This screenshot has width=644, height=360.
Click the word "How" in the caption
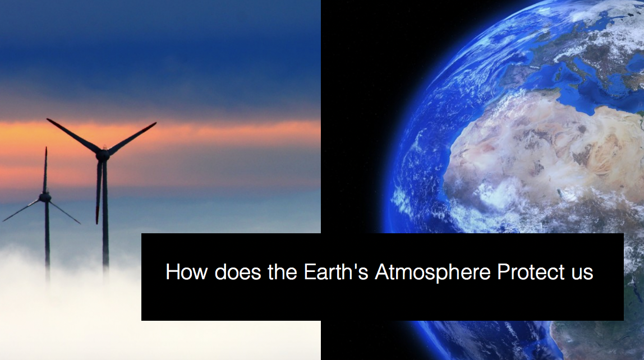click(186, 272)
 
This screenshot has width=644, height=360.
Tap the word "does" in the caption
click(238, 272)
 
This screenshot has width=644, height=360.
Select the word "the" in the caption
click(282, 272)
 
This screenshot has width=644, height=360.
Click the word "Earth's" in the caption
click(335, 272)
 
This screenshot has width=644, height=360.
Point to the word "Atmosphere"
click(433, 273)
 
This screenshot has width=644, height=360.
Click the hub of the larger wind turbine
click(103, 154)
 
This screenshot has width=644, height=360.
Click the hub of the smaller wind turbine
click(45, 197)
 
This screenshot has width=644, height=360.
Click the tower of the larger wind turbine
click(105, 214)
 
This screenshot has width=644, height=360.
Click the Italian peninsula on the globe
click(587, 68)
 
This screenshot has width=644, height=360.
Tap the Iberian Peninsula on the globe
click(517, 74)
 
